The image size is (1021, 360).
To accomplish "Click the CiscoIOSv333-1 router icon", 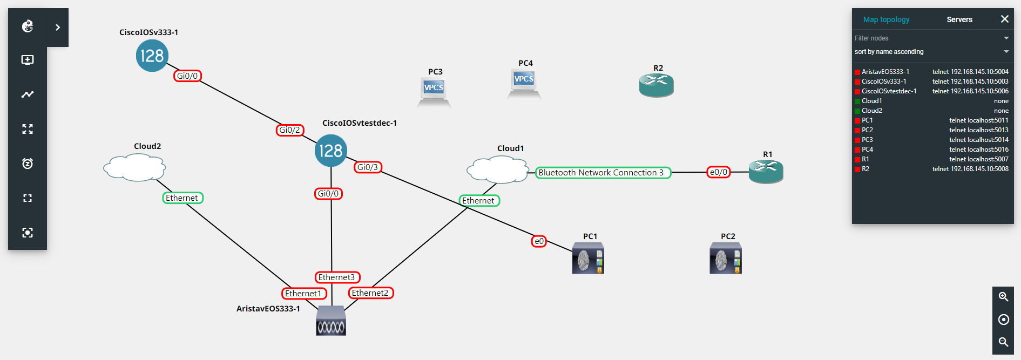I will coord(152,56).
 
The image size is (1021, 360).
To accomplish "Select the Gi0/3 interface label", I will coord(368,167).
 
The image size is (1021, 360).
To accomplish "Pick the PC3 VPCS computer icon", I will coord(434,91).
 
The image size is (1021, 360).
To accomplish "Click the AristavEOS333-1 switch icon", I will coord(331,321).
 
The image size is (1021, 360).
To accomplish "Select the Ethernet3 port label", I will coord(337,277).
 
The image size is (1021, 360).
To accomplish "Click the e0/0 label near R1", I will coord(719,172).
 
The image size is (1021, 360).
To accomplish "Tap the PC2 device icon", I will coord(725,259).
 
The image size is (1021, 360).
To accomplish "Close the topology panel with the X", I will coord(1004,19).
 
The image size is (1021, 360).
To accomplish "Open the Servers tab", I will coord(959,19).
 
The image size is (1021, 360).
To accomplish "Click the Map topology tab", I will coord(886,19).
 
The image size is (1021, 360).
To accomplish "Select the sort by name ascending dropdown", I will coord(931,52).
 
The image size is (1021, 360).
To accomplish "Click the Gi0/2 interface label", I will coord(290,130).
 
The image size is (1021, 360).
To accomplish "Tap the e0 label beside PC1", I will coord(539,241).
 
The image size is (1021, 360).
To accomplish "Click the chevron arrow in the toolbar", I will coord(58,27).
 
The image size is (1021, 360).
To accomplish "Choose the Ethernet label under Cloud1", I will coord(478,201).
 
